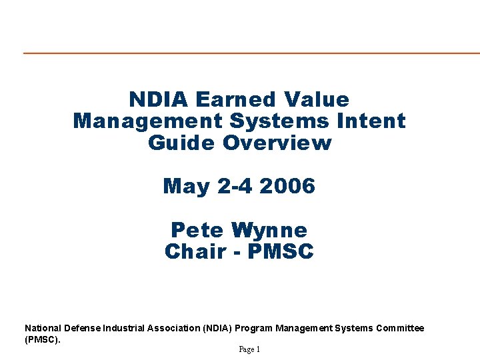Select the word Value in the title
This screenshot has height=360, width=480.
point(316,99)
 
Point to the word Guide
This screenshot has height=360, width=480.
point(182,143)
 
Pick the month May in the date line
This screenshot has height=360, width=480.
point(187,186)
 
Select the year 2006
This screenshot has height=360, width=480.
point(287,186)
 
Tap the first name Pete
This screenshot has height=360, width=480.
point(198,230)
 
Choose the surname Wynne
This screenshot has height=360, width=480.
point(269,230)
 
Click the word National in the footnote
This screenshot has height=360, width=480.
point(43,328)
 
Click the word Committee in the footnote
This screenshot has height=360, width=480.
point(400,328)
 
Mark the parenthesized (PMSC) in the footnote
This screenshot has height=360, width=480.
point(42,339)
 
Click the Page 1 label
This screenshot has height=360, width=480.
point(249,349)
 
